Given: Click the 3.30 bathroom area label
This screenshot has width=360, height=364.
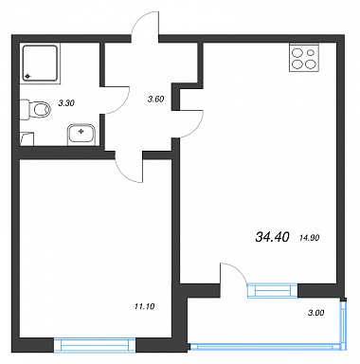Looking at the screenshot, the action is point(66,103).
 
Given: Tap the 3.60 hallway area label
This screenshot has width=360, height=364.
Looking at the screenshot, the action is point(155,100).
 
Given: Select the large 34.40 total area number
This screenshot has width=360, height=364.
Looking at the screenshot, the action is point(272,237).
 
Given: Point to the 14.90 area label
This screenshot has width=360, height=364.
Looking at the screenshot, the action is point(309,238).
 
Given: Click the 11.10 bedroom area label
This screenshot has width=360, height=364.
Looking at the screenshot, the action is point(145,306).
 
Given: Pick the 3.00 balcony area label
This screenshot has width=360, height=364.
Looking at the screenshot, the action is point(315,313).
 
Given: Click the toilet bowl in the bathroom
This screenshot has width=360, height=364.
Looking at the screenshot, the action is point(35,109).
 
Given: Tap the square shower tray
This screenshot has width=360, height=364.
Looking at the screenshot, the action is point(40,64).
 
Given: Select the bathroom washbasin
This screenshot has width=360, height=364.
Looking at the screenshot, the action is point(81,135).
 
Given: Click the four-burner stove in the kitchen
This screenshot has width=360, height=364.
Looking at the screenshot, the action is point(304,57).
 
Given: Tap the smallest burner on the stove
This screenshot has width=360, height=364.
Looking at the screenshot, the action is point(311,53).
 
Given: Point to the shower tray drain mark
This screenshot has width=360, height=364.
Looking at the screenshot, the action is point(27,76).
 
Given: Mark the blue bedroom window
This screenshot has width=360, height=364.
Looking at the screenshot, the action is point(95,345).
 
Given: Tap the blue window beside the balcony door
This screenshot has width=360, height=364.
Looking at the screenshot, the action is point(273,291).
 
